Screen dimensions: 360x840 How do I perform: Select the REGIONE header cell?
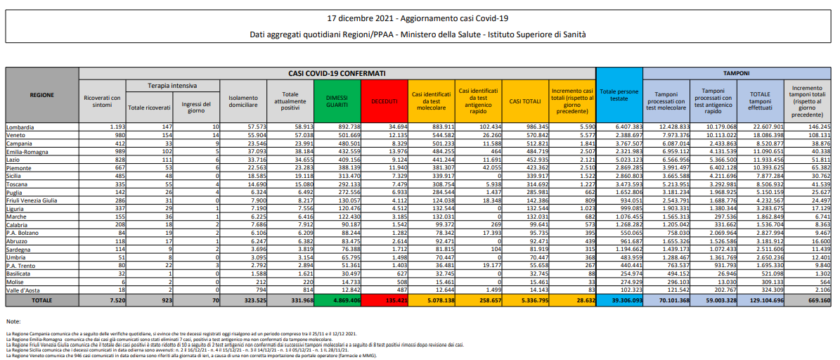coord(42,95)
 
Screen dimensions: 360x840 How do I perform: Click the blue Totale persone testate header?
coord(619,95)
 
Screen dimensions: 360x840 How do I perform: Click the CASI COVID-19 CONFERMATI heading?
coord(337,73)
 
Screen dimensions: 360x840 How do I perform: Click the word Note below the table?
coord(14,321)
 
